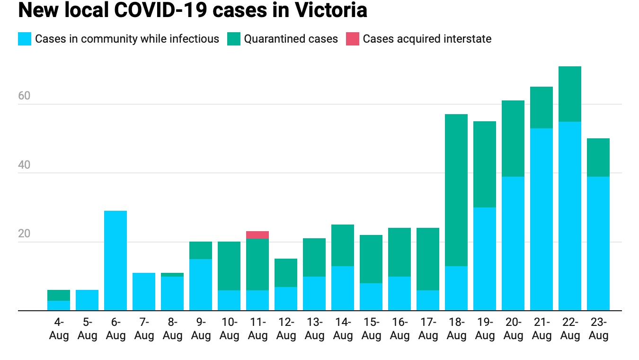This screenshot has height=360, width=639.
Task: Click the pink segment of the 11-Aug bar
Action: [257, 235]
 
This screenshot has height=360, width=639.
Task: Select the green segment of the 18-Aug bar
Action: [456, 190]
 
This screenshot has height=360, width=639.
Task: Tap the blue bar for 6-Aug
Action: [115, 261]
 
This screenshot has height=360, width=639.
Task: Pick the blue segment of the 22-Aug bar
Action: [570, 216]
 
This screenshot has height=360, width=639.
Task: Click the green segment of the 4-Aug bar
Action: [59, 295]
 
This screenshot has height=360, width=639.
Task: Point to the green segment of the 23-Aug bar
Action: [598, 157]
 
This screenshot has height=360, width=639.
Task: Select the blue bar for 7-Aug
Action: [144, 291]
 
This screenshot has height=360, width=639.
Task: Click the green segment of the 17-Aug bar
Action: [428, 259]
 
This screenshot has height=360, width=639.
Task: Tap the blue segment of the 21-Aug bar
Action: [541, 219]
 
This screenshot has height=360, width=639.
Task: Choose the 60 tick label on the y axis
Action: [24, 96]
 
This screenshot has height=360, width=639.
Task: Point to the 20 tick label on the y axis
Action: [24, 234]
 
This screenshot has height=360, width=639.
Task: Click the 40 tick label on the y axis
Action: [24, 165]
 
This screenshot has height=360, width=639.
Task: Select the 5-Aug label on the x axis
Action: [87, 329]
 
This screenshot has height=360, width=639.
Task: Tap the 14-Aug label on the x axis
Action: [343, 329]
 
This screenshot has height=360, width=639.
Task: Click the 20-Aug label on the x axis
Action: [513, 329]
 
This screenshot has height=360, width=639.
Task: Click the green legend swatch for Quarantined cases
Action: [234, 39]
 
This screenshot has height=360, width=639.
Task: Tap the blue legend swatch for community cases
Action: [25, 39]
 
